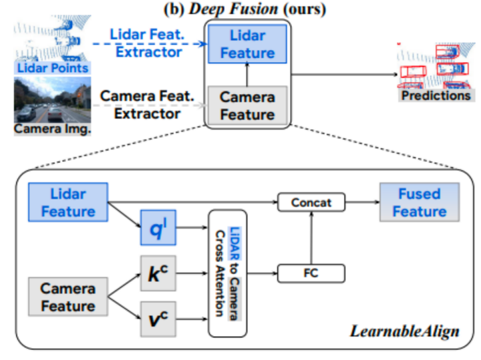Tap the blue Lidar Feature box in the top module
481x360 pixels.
click(248, 44)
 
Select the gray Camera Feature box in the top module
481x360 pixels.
click(248, 106)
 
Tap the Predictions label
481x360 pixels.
click(436, 96)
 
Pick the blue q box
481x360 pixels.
click(157, 227)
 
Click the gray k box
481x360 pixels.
click(157, 273)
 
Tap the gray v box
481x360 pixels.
click(157, 318)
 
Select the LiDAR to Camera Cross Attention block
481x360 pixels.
click(228, 273)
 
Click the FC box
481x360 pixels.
click(311, 273)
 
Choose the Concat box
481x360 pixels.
click(311, 201)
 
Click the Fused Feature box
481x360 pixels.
click(419, 202)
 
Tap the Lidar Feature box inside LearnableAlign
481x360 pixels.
click(68, 202)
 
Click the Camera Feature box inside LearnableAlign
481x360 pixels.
click(68, 297)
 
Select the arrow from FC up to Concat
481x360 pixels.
click(311, 237)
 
